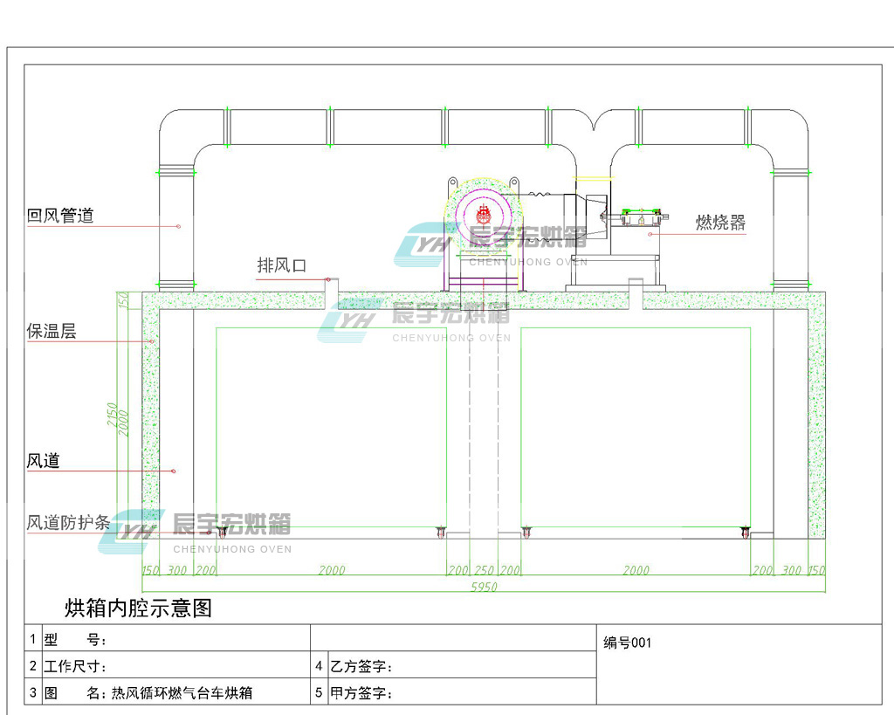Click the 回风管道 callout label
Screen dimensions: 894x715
pos(60,216)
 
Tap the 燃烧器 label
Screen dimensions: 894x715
pos(720,223)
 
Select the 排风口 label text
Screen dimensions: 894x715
pos(282,265)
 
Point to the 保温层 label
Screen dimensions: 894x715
pos(52,331)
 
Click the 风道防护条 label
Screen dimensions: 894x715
pos(68,522)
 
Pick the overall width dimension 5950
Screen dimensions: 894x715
pos(484,587)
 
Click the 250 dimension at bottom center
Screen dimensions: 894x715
pos(484,569)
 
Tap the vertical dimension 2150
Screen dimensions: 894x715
pos(112,415)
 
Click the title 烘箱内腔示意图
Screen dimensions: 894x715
pos(138,608)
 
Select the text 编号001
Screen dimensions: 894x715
pos(627,643)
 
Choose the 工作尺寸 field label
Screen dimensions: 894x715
pos(75,666)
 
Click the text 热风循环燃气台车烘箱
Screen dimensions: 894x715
pos(182,693)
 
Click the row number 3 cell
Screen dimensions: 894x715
pos(33,692)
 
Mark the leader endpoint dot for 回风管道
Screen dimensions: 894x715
pos(178,226)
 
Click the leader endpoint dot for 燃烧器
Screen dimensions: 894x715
pos(650,234)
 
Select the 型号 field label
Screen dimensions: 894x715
pos(75,640)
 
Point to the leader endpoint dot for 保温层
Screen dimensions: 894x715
pos(152,341)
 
